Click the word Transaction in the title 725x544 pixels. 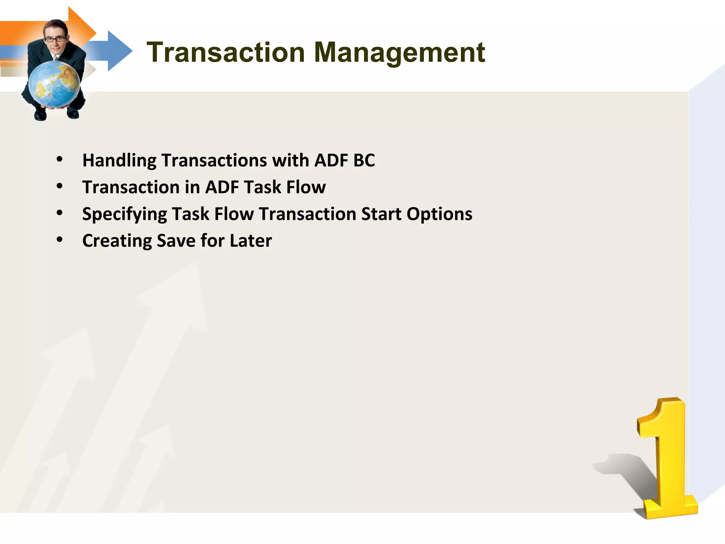pyautogui.click(x=226, y=52)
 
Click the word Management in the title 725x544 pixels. pyautogui.click(x=399, y=52)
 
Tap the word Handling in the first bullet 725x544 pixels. pyautogui.click(x=119, y=160)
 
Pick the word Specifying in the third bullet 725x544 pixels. pyautogui.click(x=124, y=214)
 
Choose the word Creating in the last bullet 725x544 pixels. pyautogui.click(x=117, y=241)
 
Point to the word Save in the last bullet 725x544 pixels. pyautogui.click(x=176, y=241)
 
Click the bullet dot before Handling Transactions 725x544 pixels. pyautogui.click(x=59, y=160)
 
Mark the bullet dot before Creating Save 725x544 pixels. pyautogui.click(x=59, y=240)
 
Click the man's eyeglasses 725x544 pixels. pyautogui.click(x=55, y=39)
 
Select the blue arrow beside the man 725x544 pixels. pyautogui.click(x=113, y=51)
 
